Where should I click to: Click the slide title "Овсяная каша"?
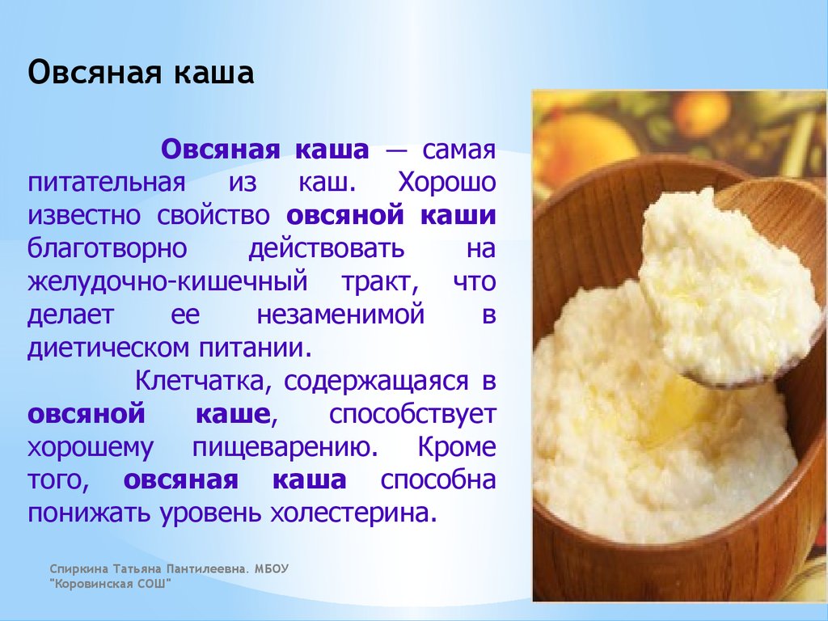[x=141, y=73]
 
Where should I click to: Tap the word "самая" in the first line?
[x=458, y=150]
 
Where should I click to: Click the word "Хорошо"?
[x=446, y=183]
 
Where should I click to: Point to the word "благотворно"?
[x=108, y=248]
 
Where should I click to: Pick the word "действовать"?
[x=327, y=249]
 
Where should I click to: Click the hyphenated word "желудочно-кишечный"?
[x=167, y=282]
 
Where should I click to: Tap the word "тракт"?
[x=380, y=282]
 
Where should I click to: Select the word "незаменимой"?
[x=340, y=315]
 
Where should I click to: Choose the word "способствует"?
[x=412, y=415]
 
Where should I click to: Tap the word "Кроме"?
[x=457, y=447]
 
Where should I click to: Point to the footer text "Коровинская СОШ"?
[x=110, y=584]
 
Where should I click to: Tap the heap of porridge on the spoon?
[x=729, y=285]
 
